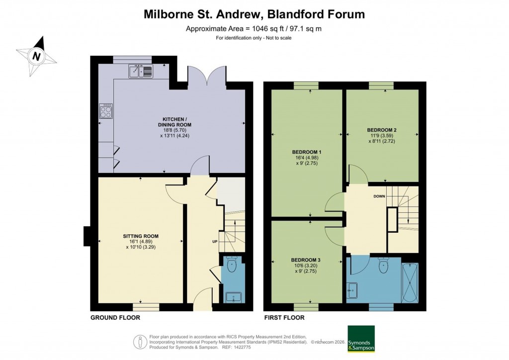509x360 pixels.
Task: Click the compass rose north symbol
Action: click(36, 56)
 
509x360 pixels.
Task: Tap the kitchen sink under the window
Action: click(142, 72)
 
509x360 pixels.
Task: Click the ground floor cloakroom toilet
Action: click(232, 265)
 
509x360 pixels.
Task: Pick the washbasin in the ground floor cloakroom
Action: click(232, 297)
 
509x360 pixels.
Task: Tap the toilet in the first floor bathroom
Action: click(383, 267)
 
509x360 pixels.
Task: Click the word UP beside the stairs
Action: click(215, 242)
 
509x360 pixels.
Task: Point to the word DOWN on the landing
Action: click(380, 196)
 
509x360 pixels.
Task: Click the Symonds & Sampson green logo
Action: click(361, 339)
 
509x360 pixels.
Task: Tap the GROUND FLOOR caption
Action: click(115, 317)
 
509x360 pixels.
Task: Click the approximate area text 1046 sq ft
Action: click(254, 28)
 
